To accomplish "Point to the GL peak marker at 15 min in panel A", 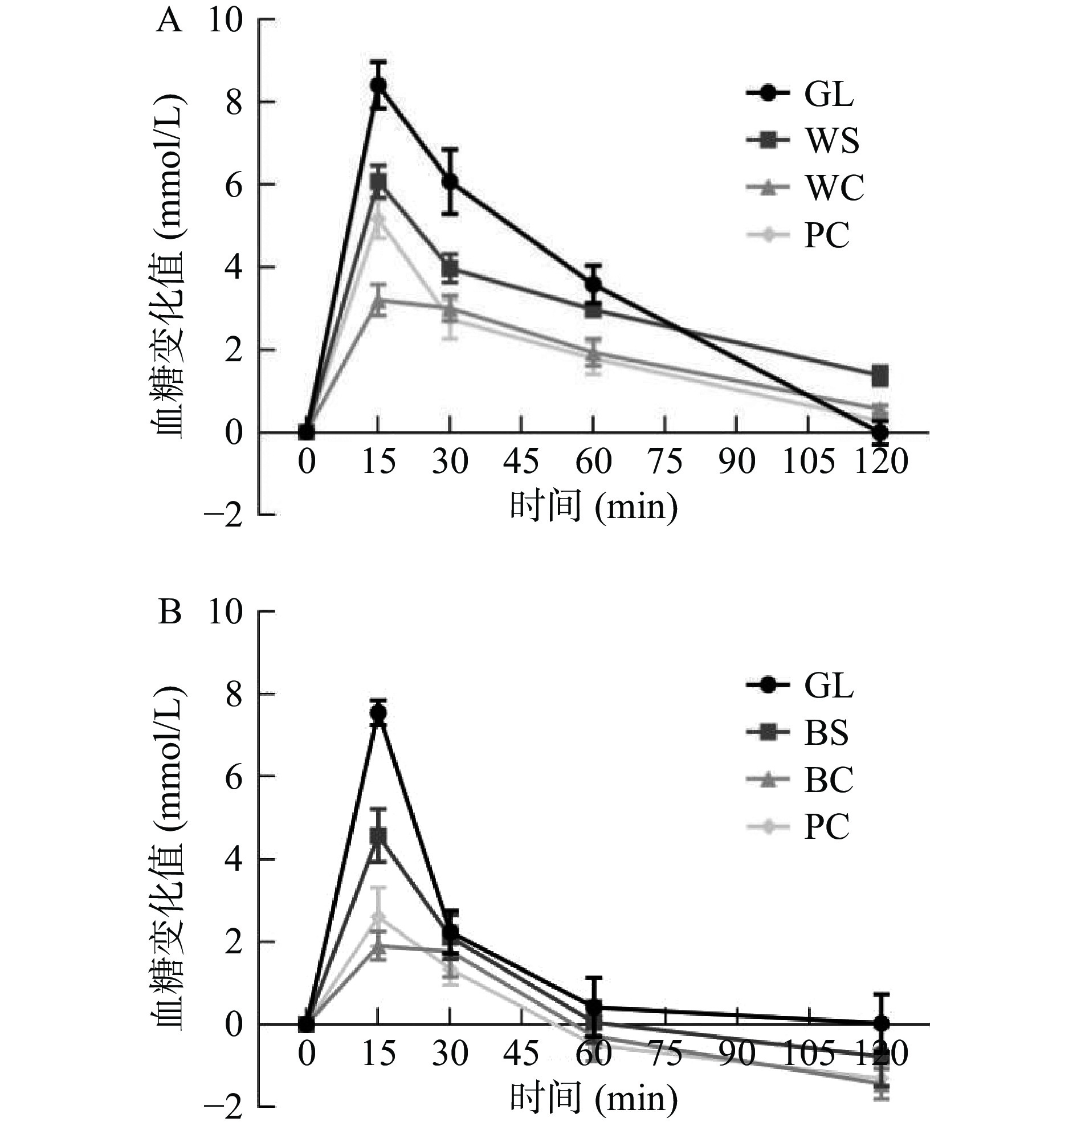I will point(378,85).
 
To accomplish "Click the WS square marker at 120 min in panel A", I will point(880,377).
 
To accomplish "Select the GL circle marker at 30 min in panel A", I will point(450,182).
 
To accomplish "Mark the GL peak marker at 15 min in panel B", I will point(378,712).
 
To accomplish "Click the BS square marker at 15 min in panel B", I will point(378,835).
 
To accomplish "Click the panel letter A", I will point(170,23).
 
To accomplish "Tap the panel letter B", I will point(170,613).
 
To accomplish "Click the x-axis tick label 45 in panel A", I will point(521,461).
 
